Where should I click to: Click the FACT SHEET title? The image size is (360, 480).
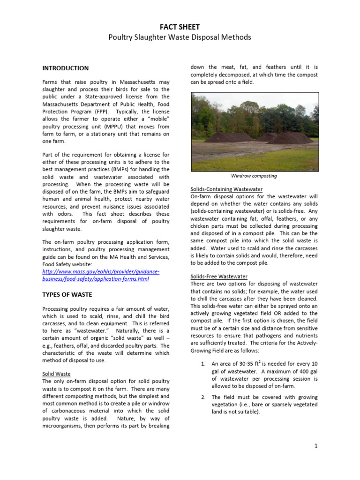[x=180, y=27]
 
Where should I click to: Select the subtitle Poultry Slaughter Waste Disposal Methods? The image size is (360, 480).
[x=180, y=37]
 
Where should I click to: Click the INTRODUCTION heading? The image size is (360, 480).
[x=65, y=68]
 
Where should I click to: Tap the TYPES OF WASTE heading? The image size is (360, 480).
[x=67, y=295]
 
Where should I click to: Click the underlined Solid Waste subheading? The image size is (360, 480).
[x=56, y=375]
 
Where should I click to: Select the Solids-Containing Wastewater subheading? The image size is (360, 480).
[x=226, y=189]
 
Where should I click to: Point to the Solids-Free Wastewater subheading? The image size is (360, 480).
[x=218, y=277]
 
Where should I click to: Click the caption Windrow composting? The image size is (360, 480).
[x=254, y=176]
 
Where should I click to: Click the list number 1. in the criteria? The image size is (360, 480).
[x=203, y=363]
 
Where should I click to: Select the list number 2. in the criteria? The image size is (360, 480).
[x=203, y=397]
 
